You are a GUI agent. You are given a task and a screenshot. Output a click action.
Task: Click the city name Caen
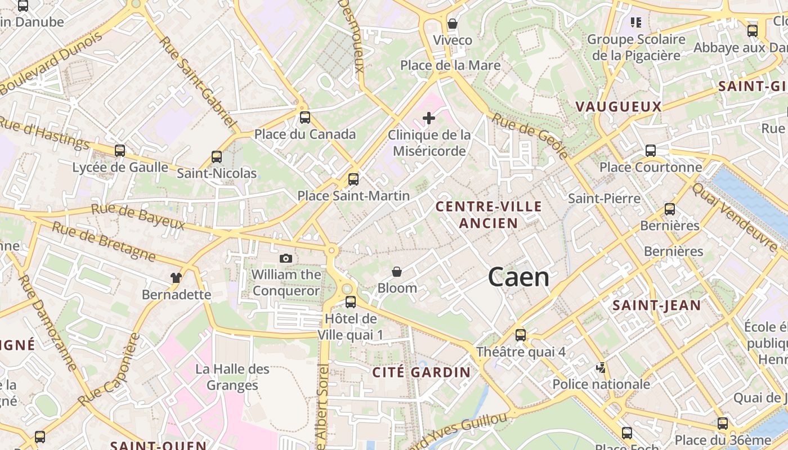click(518, 277)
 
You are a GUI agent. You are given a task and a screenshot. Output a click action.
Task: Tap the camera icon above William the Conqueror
click(286, 258)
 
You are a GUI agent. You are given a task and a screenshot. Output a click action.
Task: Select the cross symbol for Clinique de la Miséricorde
click(429, 118)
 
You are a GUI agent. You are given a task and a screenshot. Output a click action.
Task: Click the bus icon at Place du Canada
click(305, 118)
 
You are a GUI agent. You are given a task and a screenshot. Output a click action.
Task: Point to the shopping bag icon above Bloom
click(397, 272)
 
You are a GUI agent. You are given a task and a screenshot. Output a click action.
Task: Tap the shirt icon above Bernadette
click(176, 277)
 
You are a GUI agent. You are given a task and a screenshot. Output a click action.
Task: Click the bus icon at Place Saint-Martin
click(353, 179)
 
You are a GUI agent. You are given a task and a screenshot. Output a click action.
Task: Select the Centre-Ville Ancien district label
click(489, 214)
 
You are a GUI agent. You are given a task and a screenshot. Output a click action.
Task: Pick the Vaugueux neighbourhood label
click(618, 106)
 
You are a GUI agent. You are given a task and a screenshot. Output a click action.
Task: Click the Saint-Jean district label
click(656, 305)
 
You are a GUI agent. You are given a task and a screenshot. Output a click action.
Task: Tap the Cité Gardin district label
click(421, 372)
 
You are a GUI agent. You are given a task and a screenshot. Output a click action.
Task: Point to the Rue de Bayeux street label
click(138, 217)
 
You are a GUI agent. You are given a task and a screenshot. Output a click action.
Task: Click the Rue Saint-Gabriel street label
click(196, 82)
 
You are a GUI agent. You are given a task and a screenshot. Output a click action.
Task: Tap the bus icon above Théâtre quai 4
click(521, 335)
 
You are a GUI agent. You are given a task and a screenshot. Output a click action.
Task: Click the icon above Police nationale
click(601, 368)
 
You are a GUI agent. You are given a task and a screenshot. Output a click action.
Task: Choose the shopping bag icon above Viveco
click(452, 24)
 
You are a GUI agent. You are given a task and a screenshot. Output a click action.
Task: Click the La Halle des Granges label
click(232, 377)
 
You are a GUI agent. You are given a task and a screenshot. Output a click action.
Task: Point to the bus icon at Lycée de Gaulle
click(120, 151)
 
